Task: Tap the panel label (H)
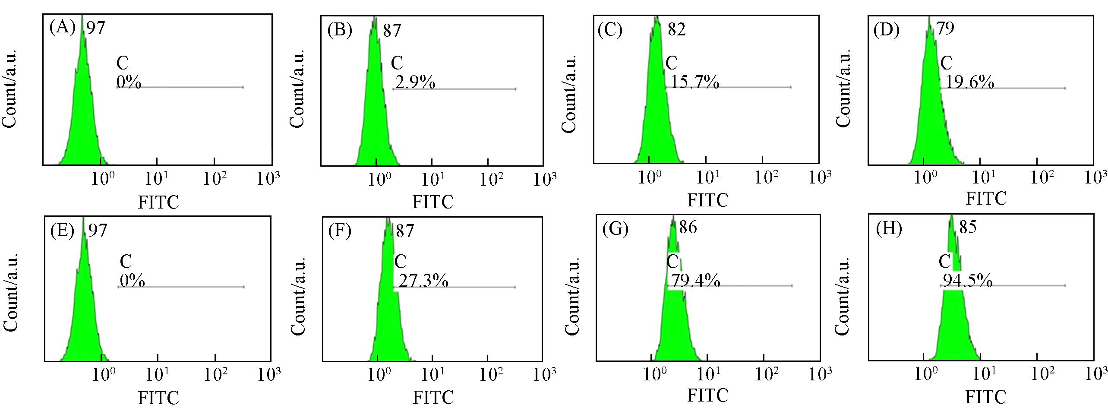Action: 889,228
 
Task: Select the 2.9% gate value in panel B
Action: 415,82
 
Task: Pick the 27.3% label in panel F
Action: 423,281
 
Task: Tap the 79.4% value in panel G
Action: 694,281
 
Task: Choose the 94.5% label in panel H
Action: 967,281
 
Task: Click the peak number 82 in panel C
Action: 676,29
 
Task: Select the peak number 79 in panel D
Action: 945,28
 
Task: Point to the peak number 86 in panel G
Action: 688,227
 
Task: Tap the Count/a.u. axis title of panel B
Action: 297,89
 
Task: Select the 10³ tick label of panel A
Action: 268,178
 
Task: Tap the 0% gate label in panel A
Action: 129,81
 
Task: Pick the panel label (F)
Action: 340,231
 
